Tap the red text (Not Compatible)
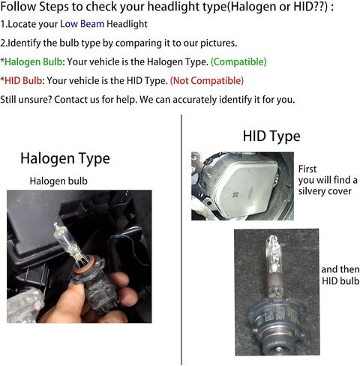click(206, 80)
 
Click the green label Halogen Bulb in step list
click(36, 61)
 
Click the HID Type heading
click(271, 136)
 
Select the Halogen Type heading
click(64, 158)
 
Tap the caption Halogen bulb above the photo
click(58, 181)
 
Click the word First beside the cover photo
click(309, 169)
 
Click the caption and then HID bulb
click(340, 275)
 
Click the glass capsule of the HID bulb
click(271, 259)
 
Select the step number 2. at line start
click(4, 43)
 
